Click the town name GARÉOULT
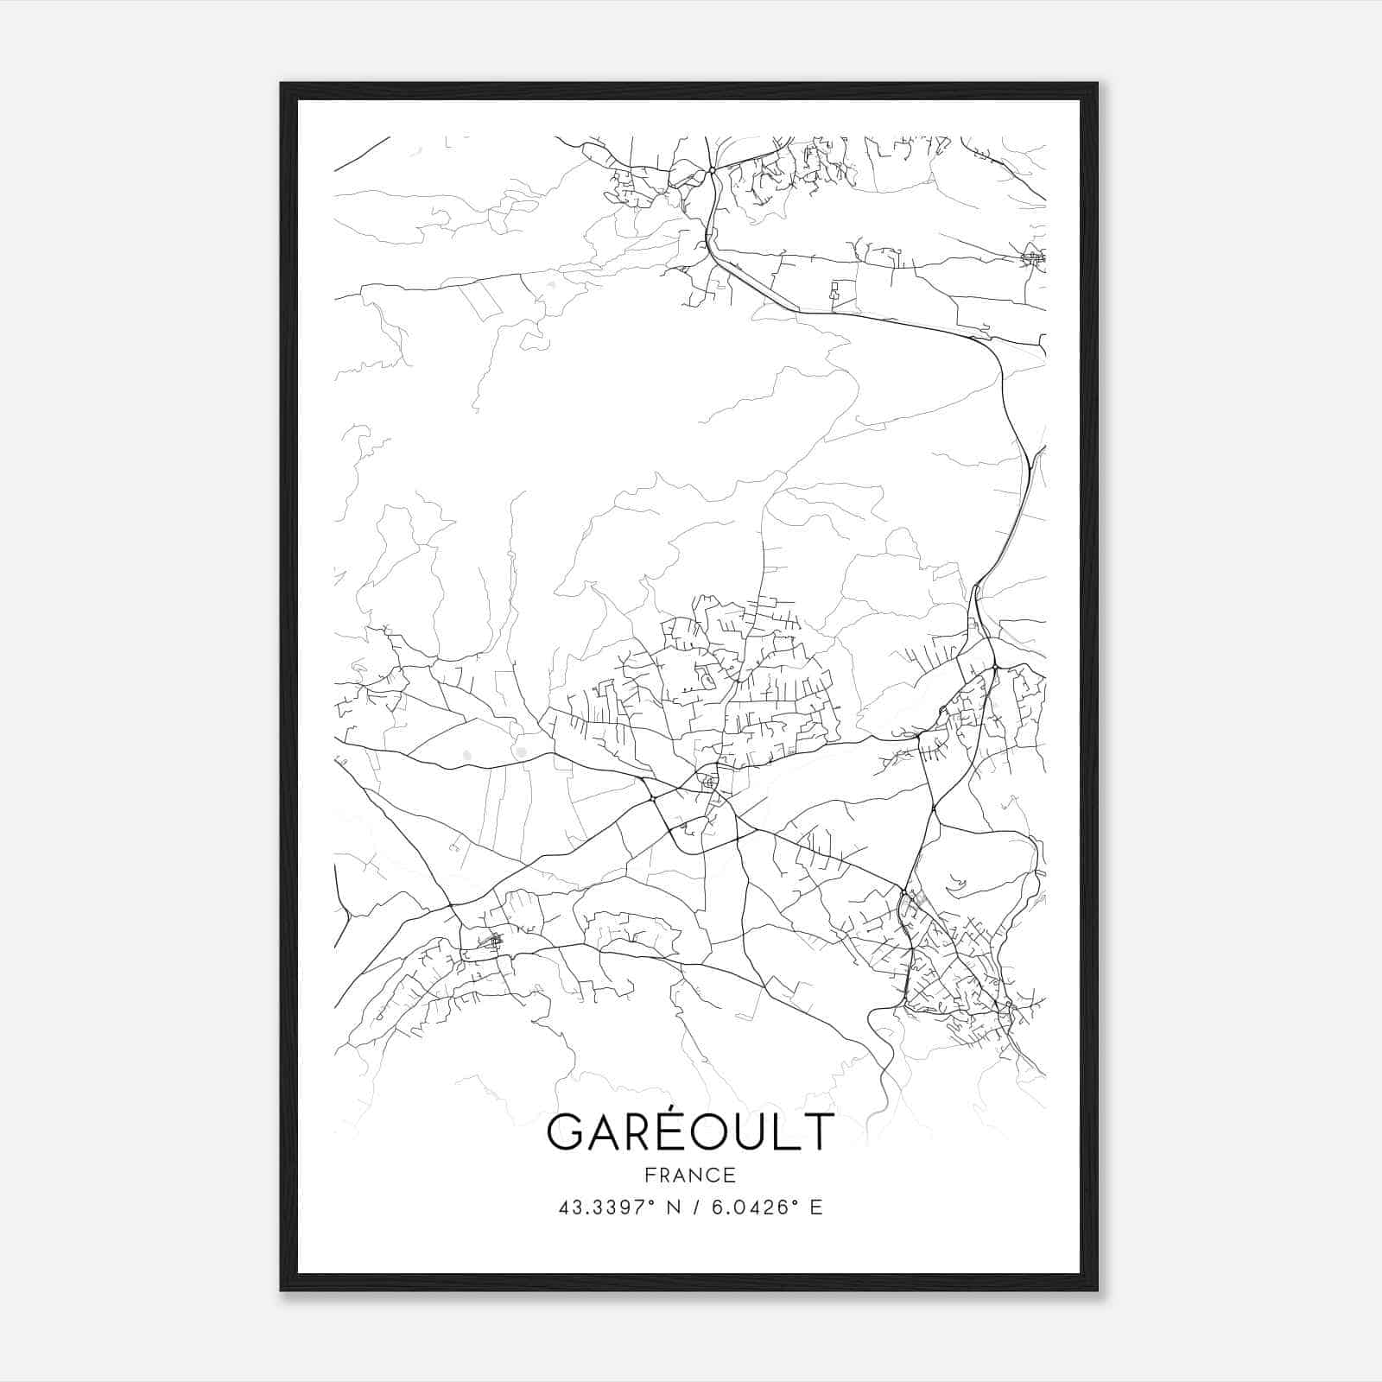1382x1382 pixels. point(690,1132)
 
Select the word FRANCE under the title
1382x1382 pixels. point(690,1175)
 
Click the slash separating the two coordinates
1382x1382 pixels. point(694,1208)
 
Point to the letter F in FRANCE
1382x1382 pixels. point(650,1175)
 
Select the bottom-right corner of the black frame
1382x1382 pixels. point(1097,1290)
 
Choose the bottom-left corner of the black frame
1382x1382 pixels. point(282,1290)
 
